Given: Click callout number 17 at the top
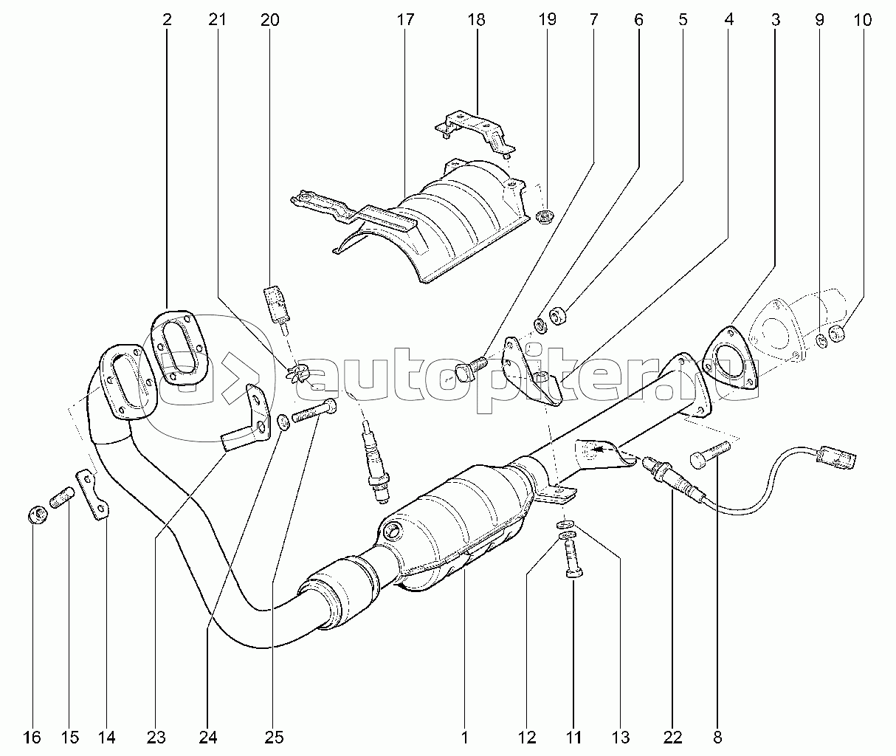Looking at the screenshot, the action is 405,20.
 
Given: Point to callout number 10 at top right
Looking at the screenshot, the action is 863,20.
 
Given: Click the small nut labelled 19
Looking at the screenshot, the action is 545,216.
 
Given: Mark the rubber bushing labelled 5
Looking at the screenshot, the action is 559,315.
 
